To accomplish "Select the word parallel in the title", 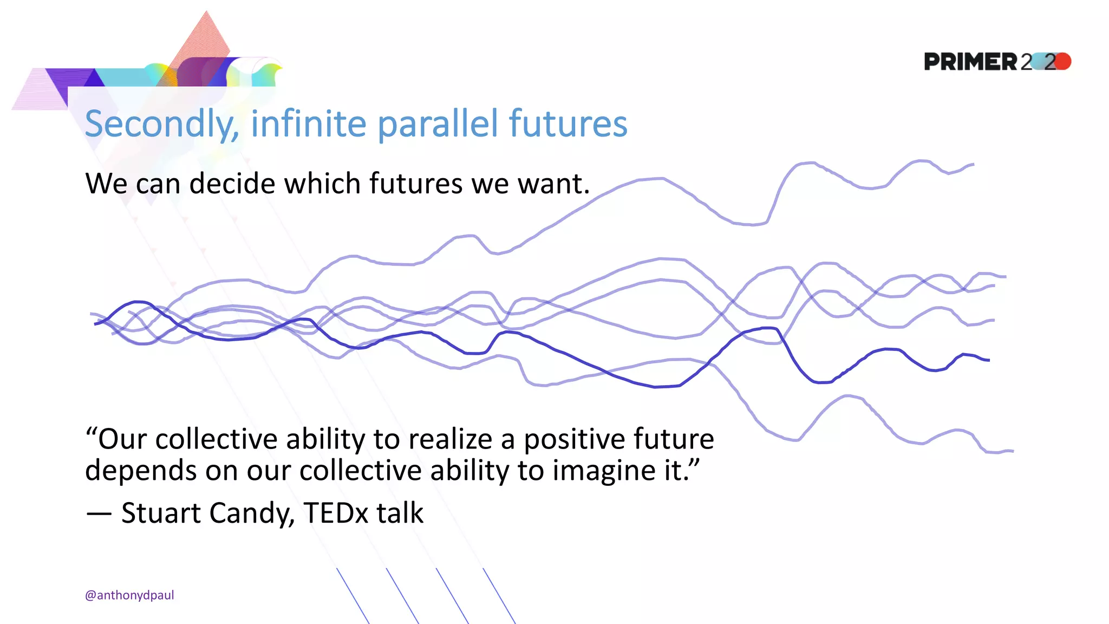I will (x=438, y=124).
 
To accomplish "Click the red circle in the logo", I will (x=1063, y=61).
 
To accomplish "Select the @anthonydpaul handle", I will (x=129, y=595).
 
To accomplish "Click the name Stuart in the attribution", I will (x=161, y=512).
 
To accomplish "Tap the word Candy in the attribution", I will (x=251, y=513).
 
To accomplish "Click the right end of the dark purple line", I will (x=988, y=360).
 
